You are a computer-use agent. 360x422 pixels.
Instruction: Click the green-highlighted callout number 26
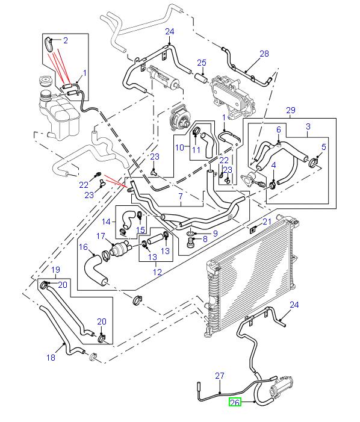point(234,402)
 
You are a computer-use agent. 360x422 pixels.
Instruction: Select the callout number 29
point(291,110)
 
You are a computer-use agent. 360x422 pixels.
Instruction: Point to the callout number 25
point(201,63)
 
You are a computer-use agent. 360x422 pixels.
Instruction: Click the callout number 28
point(264,54)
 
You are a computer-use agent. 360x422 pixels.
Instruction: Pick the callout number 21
point(267,222)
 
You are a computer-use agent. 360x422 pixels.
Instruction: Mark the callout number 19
point(55,269)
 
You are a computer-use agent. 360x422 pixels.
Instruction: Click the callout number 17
point(101,236)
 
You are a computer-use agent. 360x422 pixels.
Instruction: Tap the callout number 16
point(83,247)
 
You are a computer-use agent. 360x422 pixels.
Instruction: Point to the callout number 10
point(179,147)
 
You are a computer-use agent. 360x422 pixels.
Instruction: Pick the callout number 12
point(157,272)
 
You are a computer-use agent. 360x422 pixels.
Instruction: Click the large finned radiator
point(253,271)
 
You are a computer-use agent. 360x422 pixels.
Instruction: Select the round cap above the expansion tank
point(43,82)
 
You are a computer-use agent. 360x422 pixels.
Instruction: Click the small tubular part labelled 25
point(200,76)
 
